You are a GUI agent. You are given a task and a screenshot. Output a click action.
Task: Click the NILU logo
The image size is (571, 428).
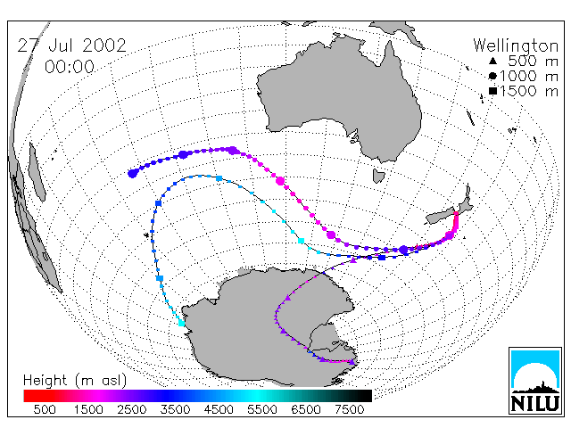tap(535, 381)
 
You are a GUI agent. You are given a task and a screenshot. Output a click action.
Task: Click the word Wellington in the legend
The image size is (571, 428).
tap(516, 45)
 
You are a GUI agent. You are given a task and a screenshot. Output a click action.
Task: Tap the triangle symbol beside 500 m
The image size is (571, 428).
tap(492, 61)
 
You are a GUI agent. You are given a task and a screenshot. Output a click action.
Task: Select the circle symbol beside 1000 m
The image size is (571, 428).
tap(492, 76)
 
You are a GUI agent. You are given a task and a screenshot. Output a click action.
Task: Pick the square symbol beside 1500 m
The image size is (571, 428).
tap(492, 91)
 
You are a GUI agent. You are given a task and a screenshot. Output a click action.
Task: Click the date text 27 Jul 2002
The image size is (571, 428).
tap(71, 45)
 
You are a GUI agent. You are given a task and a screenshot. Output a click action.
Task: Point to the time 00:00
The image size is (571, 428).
tap(70, 67)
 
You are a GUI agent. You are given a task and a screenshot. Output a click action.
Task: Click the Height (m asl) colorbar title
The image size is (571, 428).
tap(75, 381)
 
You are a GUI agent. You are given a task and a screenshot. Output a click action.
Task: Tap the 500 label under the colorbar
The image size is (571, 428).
tap(45, 410)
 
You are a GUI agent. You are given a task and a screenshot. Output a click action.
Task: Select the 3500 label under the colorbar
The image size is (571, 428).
tap(175, 410)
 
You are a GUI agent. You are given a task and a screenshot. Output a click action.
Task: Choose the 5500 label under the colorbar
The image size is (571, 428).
tap(261, 410)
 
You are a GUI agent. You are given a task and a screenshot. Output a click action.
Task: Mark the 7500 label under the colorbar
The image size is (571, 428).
tap(349, 410)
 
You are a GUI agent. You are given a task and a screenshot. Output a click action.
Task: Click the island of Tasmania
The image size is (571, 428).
tap(378, 176)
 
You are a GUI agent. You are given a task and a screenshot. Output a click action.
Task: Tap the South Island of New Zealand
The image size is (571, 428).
tap(443, 218)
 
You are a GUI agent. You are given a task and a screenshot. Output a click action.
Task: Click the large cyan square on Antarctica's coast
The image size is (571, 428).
tap(181, 323)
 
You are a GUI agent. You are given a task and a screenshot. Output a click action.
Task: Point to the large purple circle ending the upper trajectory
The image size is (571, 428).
tap(133, 174)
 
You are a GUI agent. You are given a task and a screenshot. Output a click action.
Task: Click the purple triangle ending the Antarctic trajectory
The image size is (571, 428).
tap(352, 362)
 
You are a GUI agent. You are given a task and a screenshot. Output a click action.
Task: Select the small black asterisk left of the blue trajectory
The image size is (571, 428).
tap(146, 235)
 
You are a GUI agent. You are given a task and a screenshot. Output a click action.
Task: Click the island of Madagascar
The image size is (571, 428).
tap(37, 172)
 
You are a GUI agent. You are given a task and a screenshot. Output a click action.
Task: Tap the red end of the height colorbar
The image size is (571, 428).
tap(29, 396)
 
